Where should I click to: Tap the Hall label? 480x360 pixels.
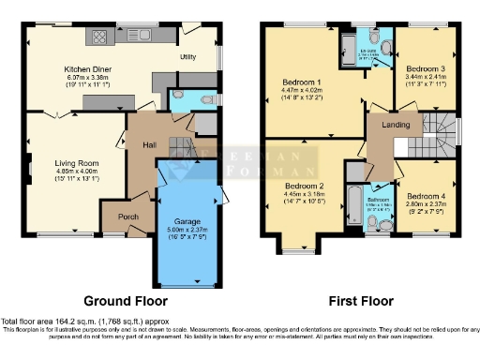click(148, 144)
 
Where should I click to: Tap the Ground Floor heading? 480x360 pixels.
click(126, 301)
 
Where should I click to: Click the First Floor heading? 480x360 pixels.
click(360, 301)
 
